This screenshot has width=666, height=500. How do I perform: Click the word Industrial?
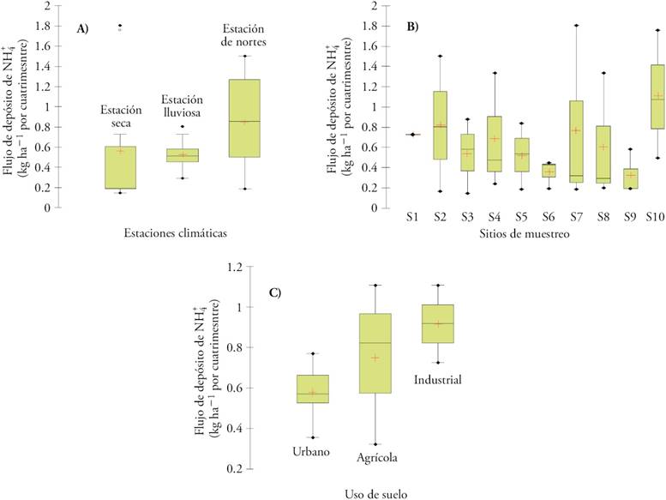click(437, 378)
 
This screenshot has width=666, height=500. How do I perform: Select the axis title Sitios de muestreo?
click(528, 233)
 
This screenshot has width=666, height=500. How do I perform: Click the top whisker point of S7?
click(576, 26)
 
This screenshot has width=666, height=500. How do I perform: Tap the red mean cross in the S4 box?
click(495, 139)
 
